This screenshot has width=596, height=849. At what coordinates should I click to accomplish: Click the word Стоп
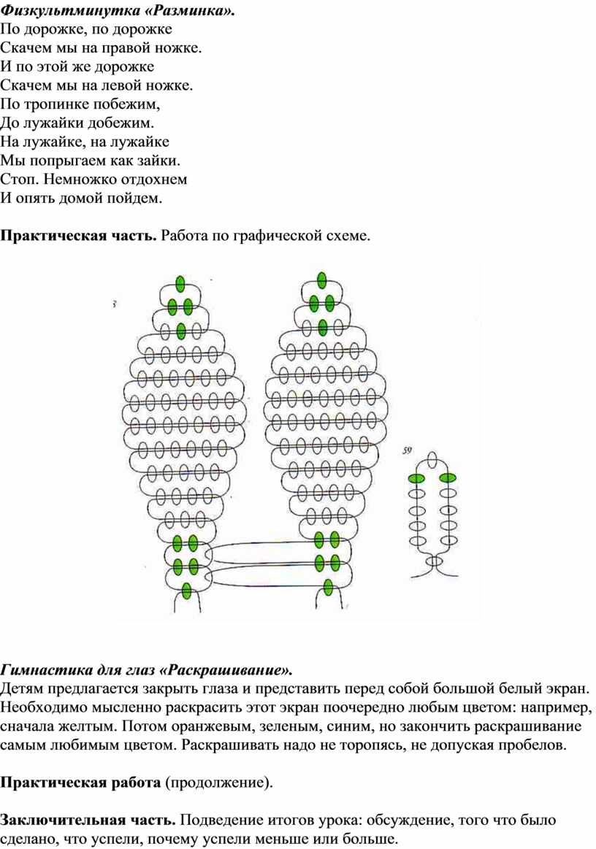[20, 179]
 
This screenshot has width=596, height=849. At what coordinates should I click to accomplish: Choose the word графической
[276, 236]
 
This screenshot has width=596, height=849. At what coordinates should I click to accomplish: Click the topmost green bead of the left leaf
[180, 283]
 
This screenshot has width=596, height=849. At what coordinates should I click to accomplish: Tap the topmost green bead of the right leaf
[322, 280]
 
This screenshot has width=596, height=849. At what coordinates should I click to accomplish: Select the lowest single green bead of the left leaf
[186, 590]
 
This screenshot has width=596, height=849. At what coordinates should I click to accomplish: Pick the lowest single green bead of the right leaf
[328, 587]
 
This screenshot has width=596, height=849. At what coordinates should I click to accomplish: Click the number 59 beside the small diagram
[408, 450]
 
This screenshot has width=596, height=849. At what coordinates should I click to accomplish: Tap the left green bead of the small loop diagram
[416, 478]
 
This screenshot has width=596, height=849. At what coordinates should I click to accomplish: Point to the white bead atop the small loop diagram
[432, 459]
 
